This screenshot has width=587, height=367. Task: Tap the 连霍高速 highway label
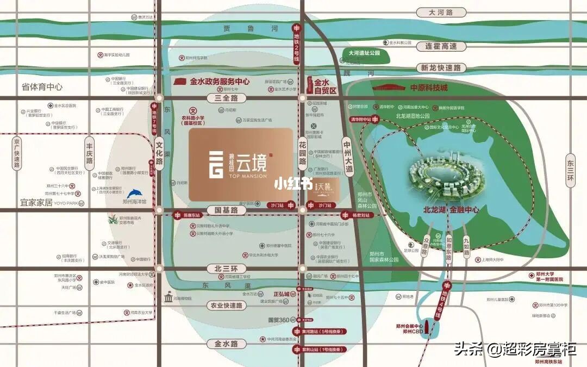pos(441,46)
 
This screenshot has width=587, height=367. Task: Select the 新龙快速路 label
pos(441,67)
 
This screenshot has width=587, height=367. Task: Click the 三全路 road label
pos(223,98)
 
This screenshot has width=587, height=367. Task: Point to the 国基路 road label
pos(226,209)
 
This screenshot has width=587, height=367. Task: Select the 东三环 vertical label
pos(570,171)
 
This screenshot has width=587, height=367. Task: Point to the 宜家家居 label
pos(36,202)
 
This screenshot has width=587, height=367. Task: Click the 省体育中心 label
pos(42,87)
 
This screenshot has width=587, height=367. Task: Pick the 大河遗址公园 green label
pos(364,53)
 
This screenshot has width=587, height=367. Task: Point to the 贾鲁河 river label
pos(251,28)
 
